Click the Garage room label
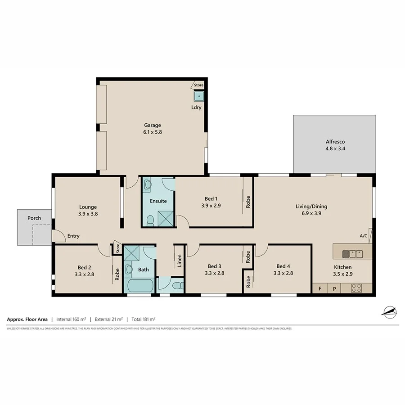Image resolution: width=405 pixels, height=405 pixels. tap(152, 125)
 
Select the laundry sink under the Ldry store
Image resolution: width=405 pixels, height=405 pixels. tap(198, 96)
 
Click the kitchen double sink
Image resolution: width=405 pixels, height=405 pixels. tap(352, 254)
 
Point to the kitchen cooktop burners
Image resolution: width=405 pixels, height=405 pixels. tap(356, 288)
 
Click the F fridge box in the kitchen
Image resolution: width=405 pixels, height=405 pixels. tap(319, 289)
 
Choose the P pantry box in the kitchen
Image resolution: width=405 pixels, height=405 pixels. tap(334, 289)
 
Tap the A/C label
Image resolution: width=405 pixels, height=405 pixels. tap(364, 236)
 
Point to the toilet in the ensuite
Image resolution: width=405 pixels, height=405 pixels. tap(150, 220)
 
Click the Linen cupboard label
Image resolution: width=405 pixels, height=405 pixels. tap(179, 261)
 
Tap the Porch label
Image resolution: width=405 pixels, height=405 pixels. tap(34, 218)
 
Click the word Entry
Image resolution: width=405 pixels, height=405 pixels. tap(73, 236)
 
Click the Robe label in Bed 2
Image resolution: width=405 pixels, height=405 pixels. tap(117, 274)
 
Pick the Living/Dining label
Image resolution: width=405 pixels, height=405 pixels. tap(311, 207)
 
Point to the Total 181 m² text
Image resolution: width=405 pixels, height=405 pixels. tap(144, 319)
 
